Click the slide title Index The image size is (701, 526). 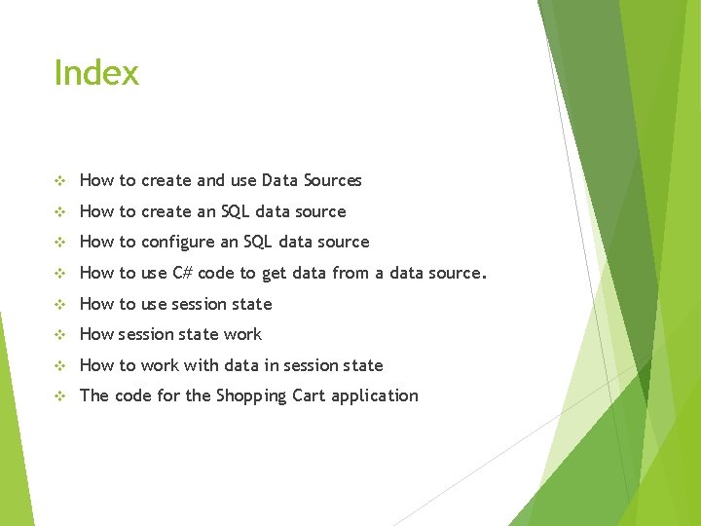(96, 73)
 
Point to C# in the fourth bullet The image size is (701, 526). (182, 273)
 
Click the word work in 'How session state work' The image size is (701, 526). (242, 334)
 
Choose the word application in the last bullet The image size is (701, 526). (375, 396)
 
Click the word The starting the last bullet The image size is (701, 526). (94, 395)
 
